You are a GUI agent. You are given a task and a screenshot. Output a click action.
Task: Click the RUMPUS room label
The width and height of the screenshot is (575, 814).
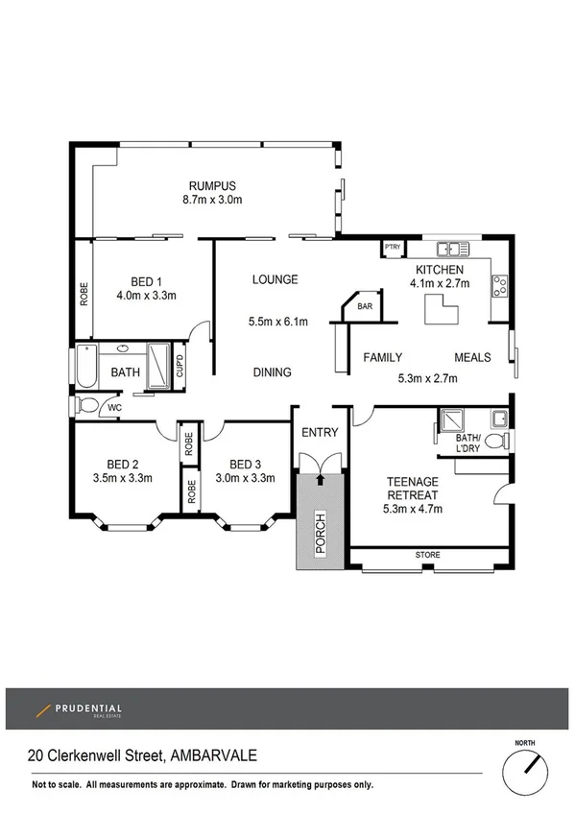point(212,185)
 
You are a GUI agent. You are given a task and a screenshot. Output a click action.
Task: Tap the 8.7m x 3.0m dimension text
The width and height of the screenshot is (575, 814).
point(212,200)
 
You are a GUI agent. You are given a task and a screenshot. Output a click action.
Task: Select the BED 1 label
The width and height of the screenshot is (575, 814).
point(146,281)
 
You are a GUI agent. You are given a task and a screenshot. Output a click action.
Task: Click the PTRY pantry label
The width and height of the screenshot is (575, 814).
point(392,247)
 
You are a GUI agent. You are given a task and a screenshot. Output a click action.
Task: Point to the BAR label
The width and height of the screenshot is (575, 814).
point(365,307)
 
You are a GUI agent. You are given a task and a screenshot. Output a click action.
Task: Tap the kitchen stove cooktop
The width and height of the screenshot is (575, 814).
point(499,284)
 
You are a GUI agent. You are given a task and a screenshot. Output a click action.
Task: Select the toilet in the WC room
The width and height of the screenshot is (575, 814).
point(87,406)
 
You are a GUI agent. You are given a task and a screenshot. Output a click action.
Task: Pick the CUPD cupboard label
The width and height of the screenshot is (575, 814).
point(179,366)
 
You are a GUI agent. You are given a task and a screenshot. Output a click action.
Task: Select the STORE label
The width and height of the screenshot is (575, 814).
point(428,555)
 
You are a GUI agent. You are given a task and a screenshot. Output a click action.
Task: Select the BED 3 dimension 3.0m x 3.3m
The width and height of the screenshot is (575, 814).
point(245,477)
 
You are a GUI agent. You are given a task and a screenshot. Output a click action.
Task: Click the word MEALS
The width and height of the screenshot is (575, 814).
point(472,357)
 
